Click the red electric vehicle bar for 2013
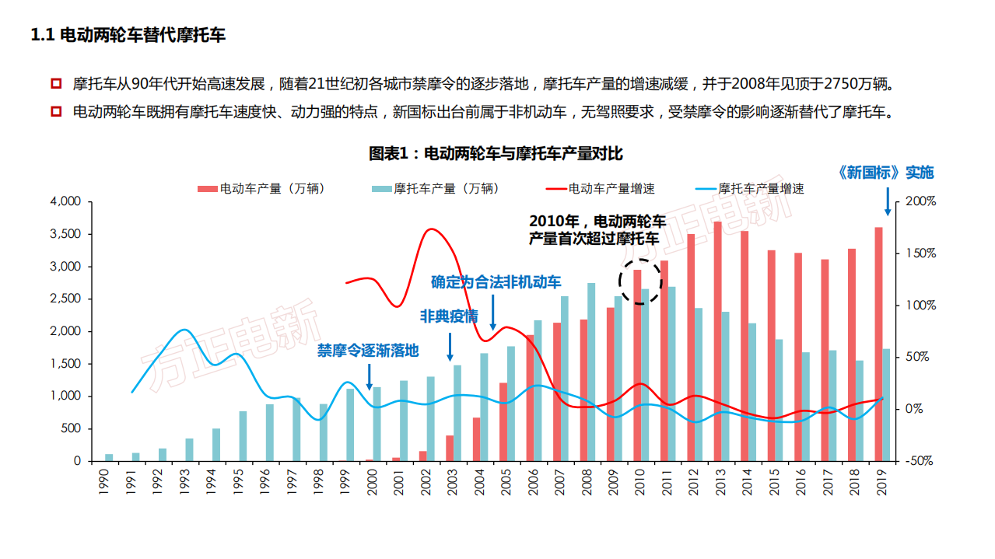pos(717,342)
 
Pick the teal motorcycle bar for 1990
pos(109,457)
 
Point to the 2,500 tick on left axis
pos(65,299)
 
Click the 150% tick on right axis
pos(920,253)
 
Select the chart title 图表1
pos(496,154)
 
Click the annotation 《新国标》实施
pos(885,173)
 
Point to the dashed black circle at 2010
pos(639,281)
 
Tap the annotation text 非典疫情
pos(448,317)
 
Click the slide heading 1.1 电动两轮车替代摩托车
pos(128,35)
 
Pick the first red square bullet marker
pos(55,83)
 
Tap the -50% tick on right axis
pos(919,460)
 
